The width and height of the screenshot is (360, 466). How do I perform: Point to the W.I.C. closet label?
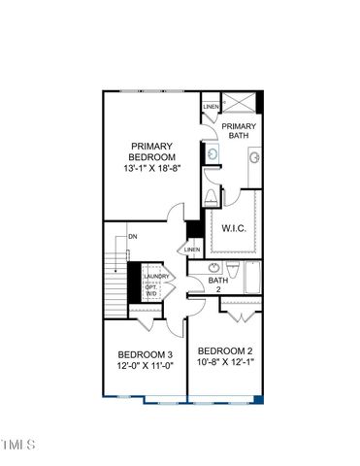235,229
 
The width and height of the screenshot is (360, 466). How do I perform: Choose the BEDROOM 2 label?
225,350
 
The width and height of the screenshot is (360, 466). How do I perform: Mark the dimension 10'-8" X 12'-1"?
225,363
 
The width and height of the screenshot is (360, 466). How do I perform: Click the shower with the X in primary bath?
242,104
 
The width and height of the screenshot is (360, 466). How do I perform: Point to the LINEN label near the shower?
211,107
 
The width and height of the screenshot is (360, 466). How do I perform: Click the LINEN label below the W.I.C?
192,249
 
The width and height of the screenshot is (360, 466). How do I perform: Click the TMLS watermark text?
18,446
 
